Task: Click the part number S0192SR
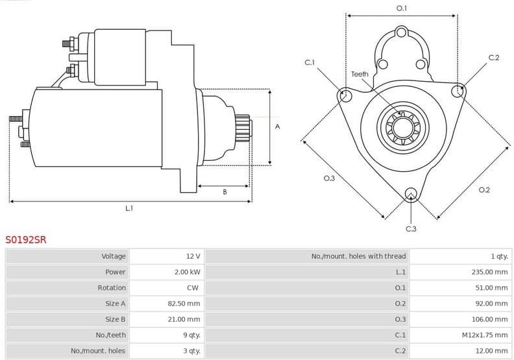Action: [x=26, y=239]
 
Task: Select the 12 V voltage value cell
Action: [x=193, y=256]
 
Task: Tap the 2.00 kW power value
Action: [x=188, y=272]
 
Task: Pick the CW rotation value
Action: [x=193, y=287]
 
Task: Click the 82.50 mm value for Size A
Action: [x=184, y=303]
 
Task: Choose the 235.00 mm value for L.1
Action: [x=489, y=272]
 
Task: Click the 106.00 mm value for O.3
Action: [x=489, y=319]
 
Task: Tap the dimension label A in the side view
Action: [x=277, y=126]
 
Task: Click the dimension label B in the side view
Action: [x=225, y=192]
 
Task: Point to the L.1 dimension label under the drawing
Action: [x=129, y=208]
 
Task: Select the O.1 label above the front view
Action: [x=402, y=8]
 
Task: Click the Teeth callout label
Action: [x=360, y=74]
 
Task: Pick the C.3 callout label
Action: [x=411, y=228]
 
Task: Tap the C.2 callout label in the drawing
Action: [x=494, y=58]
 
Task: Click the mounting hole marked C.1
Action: [x=345, y=96]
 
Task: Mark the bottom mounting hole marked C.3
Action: [x=410, y=194]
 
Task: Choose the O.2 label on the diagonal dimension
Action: [x=484, y=189]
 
